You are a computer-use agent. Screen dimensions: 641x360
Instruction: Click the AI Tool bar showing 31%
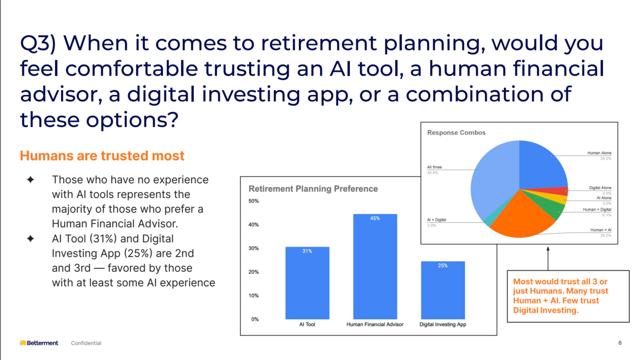(x=307, y=283)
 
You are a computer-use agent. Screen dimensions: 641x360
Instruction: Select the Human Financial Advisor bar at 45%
(x=375, y=266)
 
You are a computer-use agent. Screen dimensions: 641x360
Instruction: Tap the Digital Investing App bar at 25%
(x=443, y=290)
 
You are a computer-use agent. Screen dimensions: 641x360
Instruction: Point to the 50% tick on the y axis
(x=254, y=201)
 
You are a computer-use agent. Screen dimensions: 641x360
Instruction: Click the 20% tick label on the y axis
(x=254, y=272)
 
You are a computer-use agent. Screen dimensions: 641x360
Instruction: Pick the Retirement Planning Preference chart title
(x=313, y=189)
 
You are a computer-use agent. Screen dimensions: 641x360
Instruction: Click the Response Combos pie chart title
(x=456, y=133)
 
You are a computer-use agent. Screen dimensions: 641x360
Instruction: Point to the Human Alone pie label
(x=599, y=153)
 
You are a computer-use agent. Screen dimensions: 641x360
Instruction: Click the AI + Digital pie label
(x=437, y=220)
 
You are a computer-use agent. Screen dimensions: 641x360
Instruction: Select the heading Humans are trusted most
(x=102, y=156)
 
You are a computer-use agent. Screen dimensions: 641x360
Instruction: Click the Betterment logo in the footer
(x=39, y=343)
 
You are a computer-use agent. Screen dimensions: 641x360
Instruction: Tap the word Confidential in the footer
(x=86, y=343)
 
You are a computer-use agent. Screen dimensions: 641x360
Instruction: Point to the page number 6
(x=620, y=343)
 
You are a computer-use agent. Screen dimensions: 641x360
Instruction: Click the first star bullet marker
(x=31, y=180)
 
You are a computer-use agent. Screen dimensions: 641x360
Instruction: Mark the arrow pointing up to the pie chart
(x=548, y=258)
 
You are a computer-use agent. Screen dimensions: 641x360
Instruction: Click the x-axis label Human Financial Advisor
(x=375, y=324)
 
